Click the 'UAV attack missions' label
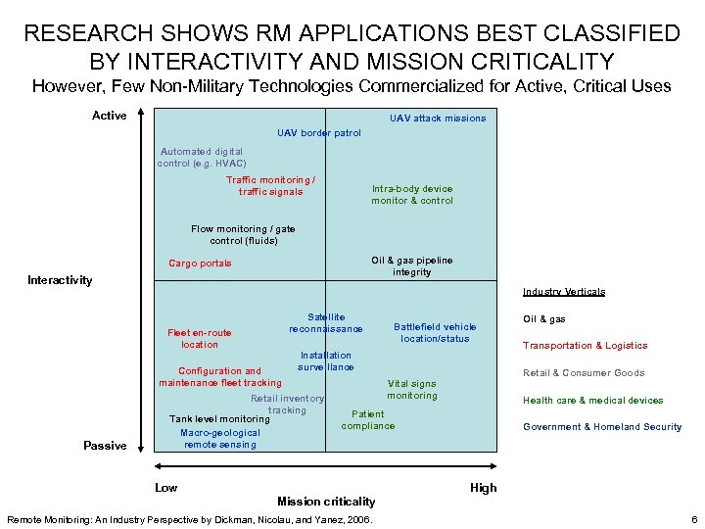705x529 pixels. click(437, 119)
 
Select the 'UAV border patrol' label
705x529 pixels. click(319, 133)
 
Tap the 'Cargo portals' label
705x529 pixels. click(200, 264)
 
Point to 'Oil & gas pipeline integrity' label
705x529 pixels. click(411, 266)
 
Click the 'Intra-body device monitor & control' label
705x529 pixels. click(411, 195)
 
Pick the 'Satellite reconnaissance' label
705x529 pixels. click(326, 323)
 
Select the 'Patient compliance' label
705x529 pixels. click(368, 420)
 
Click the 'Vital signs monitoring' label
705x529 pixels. click(411, 390)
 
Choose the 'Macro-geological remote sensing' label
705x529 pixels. click(219, 439)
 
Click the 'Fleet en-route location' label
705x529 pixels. click(200, 339)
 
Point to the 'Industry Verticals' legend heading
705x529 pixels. click(564, 292)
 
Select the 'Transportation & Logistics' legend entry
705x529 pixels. click(585, 346)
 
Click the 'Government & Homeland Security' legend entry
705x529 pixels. click(602, 427)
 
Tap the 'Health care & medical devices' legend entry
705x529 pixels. click(592, 400)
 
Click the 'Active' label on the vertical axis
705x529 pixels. click(109, 116)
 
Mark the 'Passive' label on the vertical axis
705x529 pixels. click(105, 446)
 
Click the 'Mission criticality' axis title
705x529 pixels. click(326, 502)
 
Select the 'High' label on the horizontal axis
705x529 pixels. click(484, 488)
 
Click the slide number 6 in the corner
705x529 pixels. click(693, 518)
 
